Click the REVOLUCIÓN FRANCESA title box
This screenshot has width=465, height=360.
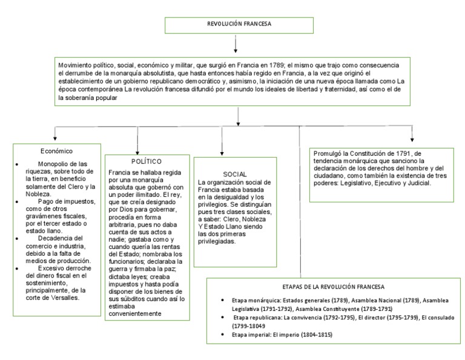click(235, 25)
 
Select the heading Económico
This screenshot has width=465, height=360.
click(57, 150)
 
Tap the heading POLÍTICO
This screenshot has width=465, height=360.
click(146, 162)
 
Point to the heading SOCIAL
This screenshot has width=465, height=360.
click(234, 174)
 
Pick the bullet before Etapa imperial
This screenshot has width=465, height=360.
click(225, 335)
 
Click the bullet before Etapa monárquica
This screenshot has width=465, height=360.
click(225, 301)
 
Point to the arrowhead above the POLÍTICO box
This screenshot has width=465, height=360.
click(138, 148)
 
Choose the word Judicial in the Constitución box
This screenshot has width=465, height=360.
click(418, 182)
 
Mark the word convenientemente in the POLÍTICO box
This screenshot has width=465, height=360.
click(135, 313)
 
